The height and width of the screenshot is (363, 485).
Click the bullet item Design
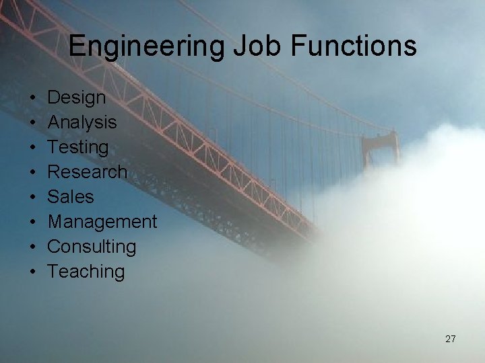point(77,97)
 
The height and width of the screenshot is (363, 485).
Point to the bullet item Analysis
point(82,122)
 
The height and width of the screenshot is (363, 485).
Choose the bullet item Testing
point(78,147)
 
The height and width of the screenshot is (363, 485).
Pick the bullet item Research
point(87,172)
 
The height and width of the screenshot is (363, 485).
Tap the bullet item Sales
point(71,197)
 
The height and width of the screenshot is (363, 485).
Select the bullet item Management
point(102,222)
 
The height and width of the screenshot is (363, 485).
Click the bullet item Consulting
point(92,247)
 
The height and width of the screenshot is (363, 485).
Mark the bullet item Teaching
point(86,272)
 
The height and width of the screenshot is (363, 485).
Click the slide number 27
point(451,339)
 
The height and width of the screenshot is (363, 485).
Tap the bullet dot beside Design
point(33,98)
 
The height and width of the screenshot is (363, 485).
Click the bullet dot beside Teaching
point(33,272)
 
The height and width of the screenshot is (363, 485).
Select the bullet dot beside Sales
point(33,198)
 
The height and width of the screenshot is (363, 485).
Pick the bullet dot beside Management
point(33,223)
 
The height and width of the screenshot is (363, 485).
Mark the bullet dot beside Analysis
point(33,123)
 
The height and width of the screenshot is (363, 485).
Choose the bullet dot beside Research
point(33,173)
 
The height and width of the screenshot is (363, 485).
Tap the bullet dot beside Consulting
point(33,247)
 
